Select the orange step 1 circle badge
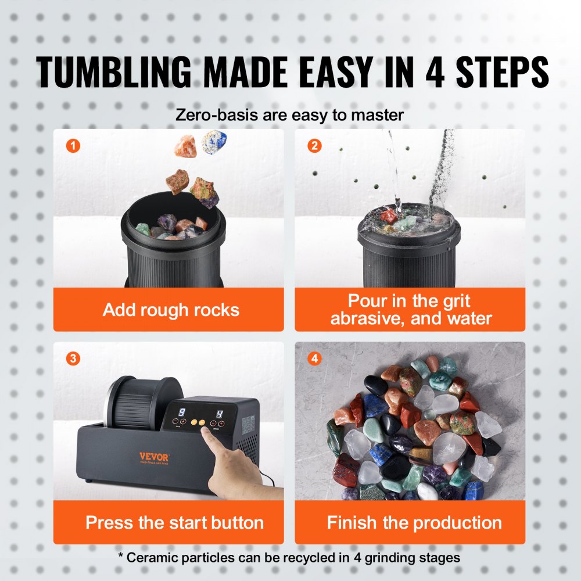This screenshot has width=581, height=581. [x=72, y=146]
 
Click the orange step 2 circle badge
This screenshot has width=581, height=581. [x=314, y=146]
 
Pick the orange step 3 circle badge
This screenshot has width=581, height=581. [x=72, y=358]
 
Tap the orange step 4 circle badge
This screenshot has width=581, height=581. [x=314, y=358]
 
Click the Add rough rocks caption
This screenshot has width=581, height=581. [x=171, y=310]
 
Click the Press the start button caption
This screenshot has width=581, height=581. [x=174, y=522]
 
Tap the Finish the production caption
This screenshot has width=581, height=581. [x=414, y=522]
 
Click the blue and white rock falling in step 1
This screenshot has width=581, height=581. [x=214, y=142]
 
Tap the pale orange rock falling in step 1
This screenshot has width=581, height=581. [x=185, y=146]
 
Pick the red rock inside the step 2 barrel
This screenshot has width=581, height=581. [x=389, y=216]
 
